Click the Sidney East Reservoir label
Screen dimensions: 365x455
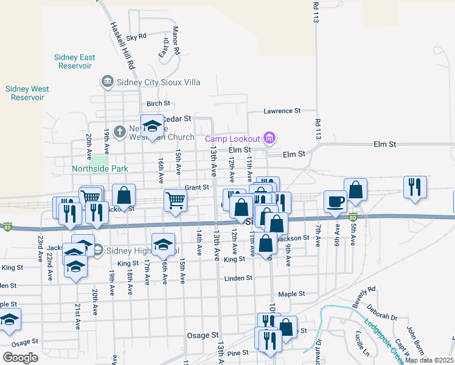click(74, 61)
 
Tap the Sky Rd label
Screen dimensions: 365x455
click(136, 36)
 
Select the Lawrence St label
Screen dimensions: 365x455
click(282, 111)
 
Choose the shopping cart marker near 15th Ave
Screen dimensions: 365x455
click(175, 200)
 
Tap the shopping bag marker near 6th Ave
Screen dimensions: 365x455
click(355, 189)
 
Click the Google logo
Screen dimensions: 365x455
click(20, 358)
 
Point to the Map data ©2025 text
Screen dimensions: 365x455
click(429, 360)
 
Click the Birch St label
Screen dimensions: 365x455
click(158, 104)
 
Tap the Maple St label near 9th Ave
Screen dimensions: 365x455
click(291, 294)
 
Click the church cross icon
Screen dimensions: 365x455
click(120, 130)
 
